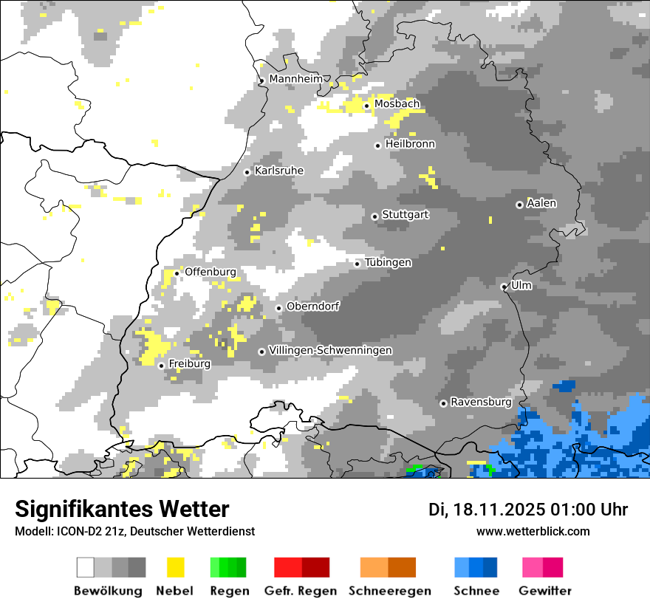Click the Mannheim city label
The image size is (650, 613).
pyautogui.click(x=296, y=79)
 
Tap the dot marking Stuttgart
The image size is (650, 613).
pyautogui.click(x=375, y=216)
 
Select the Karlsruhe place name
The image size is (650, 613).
pyautogui.click(x=279, y=171)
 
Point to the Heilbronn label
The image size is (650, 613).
pyautogui.click(x=410, y=144)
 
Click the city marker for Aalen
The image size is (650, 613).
pyautogui.click(x=519, y=205)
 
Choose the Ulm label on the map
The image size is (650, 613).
pyautogui.click(x=521, y=285)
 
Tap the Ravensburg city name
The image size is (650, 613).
pyautogui.click(x=481, y=403)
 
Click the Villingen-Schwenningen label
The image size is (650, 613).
pyautogui.click(x=330, y=350)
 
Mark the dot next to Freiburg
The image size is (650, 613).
pyautogui.click(x=161, y=366)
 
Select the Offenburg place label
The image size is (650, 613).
pyautogui.click(x=211, y=272)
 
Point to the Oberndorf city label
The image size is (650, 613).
pyautogui.click(x=312, y=306)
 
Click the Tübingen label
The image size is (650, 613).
pyautogui.click(x=388, y=263)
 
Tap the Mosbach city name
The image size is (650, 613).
pyautogui.click(x=397, y=104)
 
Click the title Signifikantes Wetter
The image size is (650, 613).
pyautogui.click(x=122, y=510)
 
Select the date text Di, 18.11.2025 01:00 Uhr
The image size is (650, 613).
pyautogui.click(x=528, y=510)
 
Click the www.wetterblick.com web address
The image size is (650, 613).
pyautogui.click(x=533, y=531)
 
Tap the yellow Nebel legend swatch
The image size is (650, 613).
pyautogui.click(x=175, y=567)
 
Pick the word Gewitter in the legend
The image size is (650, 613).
pyautogui.click(x=544, y=591)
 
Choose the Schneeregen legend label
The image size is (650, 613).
pyautogui.click(x=389, y=591)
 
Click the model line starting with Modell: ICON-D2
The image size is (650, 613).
pyautogui.click(x=134, y=531)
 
